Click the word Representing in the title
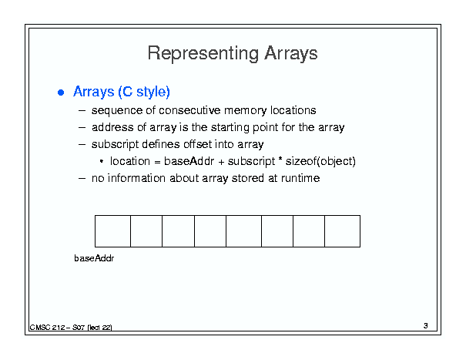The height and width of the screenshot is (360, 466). click(203, 54)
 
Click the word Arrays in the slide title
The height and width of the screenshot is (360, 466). click(291, 54)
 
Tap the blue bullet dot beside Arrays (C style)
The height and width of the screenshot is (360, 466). click(61, 93)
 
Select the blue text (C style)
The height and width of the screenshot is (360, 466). click(144, 92)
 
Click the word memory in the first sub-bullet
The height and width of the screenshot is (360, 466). click(246, 111)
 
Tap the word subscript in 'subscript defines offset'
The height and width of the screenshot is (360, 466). click(115, 145)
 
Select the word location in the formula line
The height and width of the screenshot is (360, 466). click(130, 161)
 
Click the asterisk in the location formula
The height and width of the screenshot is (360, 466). click(280, 159)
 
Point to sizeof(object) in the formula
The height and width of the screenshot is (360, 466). click(320, 162)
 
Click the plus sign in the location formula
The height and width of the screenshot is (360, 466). click(221, 162)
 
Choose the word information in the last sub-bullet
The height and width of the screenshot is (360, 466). click(136, 178)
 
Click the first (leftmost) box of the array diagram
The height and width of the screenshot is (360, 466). click(112, 231)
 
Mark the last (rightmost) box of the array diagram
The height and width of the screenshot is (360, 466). click(342, 231)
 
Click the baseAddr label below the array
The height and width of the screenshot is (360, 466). click(94, 258)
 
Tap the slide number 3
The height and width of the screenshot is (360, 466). click(426, 326)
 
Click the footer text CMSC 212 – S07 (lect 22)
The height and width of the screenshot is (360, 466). click(71, 328)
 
